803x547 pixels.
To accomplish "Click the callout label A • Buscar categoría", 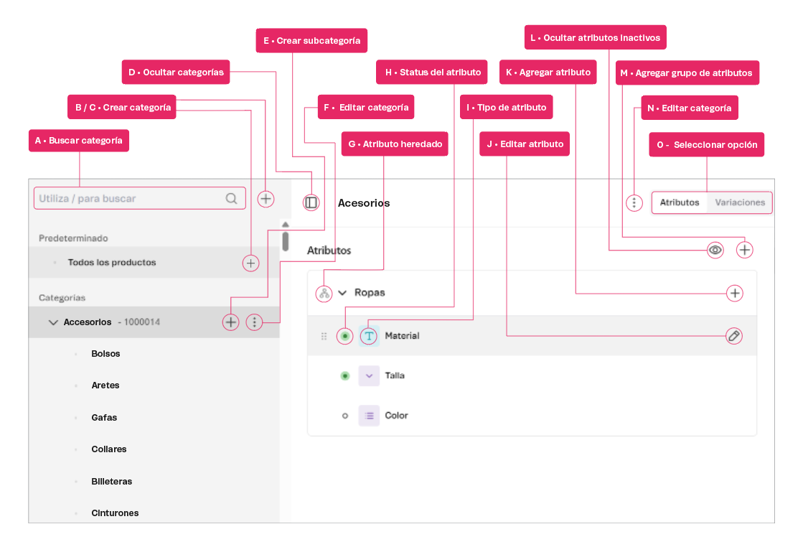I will [x=78, y=141].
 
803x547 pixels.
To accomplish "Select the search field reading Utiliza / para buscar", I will [x=133, y=199].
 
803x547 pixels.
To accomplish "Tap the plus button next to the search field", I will [x=266, y=199].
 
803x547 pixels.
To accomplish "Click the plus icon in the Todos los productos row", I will [x=250, y=263].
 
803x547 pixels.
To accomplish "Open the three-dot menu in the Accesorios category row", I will [x=255, y=322].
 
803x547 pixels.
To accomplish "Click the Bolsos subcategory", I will [x=105, y=354].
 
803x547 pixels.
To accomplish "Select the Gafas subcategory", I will [x=104, y=417].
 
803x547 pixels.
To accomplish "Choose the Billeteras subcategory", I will [x=111, y=481].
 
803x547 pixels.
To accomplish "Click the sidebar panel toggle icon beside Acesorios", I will [x=311, y=203].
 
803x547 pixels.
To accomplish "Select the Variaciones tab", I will [x=740, y=202].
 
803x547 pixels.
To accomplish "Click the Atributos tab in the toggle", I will [x=679, y=202].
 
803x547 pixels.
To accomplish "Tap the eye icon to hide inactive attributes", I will [x=715, y=250].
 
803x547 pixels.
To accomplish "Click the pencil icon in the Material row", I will [x=733, y=335].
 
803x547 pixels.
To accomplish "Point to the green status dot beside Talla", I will [x=345, y=375].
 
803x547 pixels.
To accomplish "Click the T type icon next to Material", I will [x=369, y=335].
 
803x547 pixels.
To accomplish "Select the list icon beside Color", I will [x=369, y=416].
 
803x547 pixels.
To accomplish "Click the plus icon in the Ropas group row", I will [x=734, y=293].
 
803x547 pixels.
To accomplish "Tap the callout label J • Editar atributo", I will [x=525, y=144].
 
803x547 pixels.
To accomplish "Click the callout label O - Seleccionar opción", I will [x=706, y=144].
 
